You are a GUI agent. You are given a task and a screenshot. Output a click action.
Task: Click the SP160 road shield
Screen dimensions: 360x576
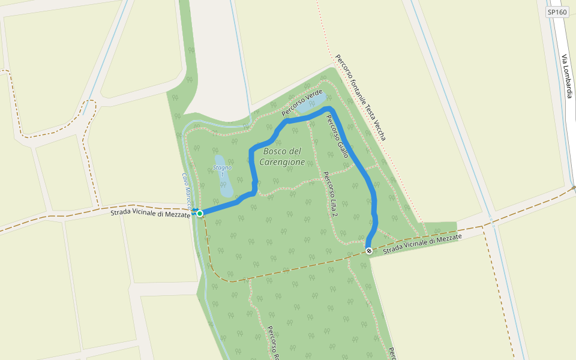[x=557, y=12]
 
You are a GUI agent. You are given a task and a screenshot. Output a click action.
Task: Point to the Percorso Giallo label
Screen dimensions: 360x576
[x=337, y=136]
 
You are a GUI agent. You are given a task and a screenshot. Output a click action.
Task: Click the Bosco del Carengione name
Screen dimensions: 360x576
[x=282, y=157]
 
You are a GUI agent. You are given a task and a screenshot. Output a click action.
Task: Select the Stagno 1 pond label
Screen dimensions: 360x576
[x=222, y=170]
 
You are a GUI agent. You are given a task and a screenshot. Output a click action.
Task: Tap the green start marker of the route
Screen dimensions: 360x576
[x=200, y=213]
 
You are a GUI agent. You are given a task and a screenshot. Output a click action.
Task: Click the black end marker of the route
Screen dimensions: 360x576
[x=369, y=251]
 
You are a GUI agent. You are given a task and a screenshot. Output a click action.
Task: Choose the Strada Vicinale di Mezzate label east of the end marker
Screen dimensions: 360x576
[x=422, y=242]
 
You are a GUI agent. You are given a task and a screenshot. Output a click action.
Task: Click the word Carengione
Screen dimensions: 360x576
[x=282, y=162]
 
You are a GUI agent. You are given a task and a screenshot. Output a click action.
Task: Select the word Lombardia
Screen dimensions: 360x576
[x=568, y=83]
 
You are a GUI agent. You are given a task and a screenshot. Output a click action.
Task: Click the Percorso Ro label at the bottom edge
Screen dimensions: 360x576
[x=274, y=343]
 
